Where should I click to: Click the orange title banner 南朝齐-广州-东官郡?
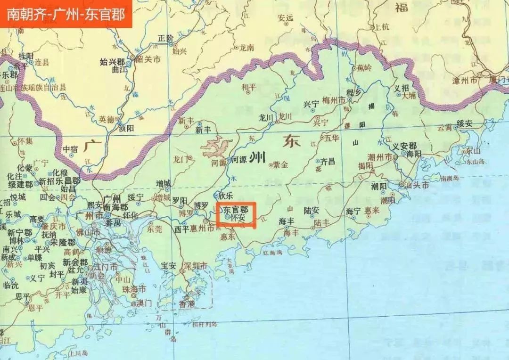(66, 14)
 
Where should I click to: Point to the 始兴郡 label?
(112, 62)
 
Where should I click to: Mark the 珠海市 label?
(134, 289)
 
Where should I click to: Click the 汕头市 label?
(419, 185)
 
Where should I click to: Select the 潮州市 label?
(382, 156)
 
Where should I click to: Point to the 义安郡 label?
(404, 146)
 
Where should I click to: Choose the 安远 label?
(286, 18)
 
